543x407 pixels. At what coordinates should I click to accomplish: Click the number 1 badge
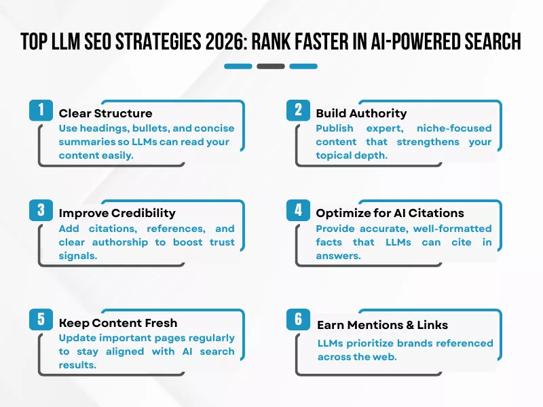click(x=41, y=110)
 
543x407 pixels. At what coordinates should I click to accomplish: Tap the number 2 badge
click(x=298, y=110)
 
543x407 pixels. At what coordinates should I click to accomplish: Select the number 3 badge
click(x=41, y=210)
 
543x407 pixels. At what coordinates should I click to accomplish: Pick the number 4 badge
click(x=298, y=210)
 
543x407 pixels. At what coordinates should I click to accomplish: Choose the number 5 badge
click(x=41, y=320)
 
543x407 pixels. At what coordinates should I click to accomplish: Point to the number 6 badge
click(x=298, y=320)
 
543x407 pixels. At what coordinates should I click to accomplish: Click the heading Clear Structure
click(x=105, y=113)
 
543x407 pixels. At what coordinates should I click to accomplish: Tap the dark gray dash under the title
click(x=271, y=66)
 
